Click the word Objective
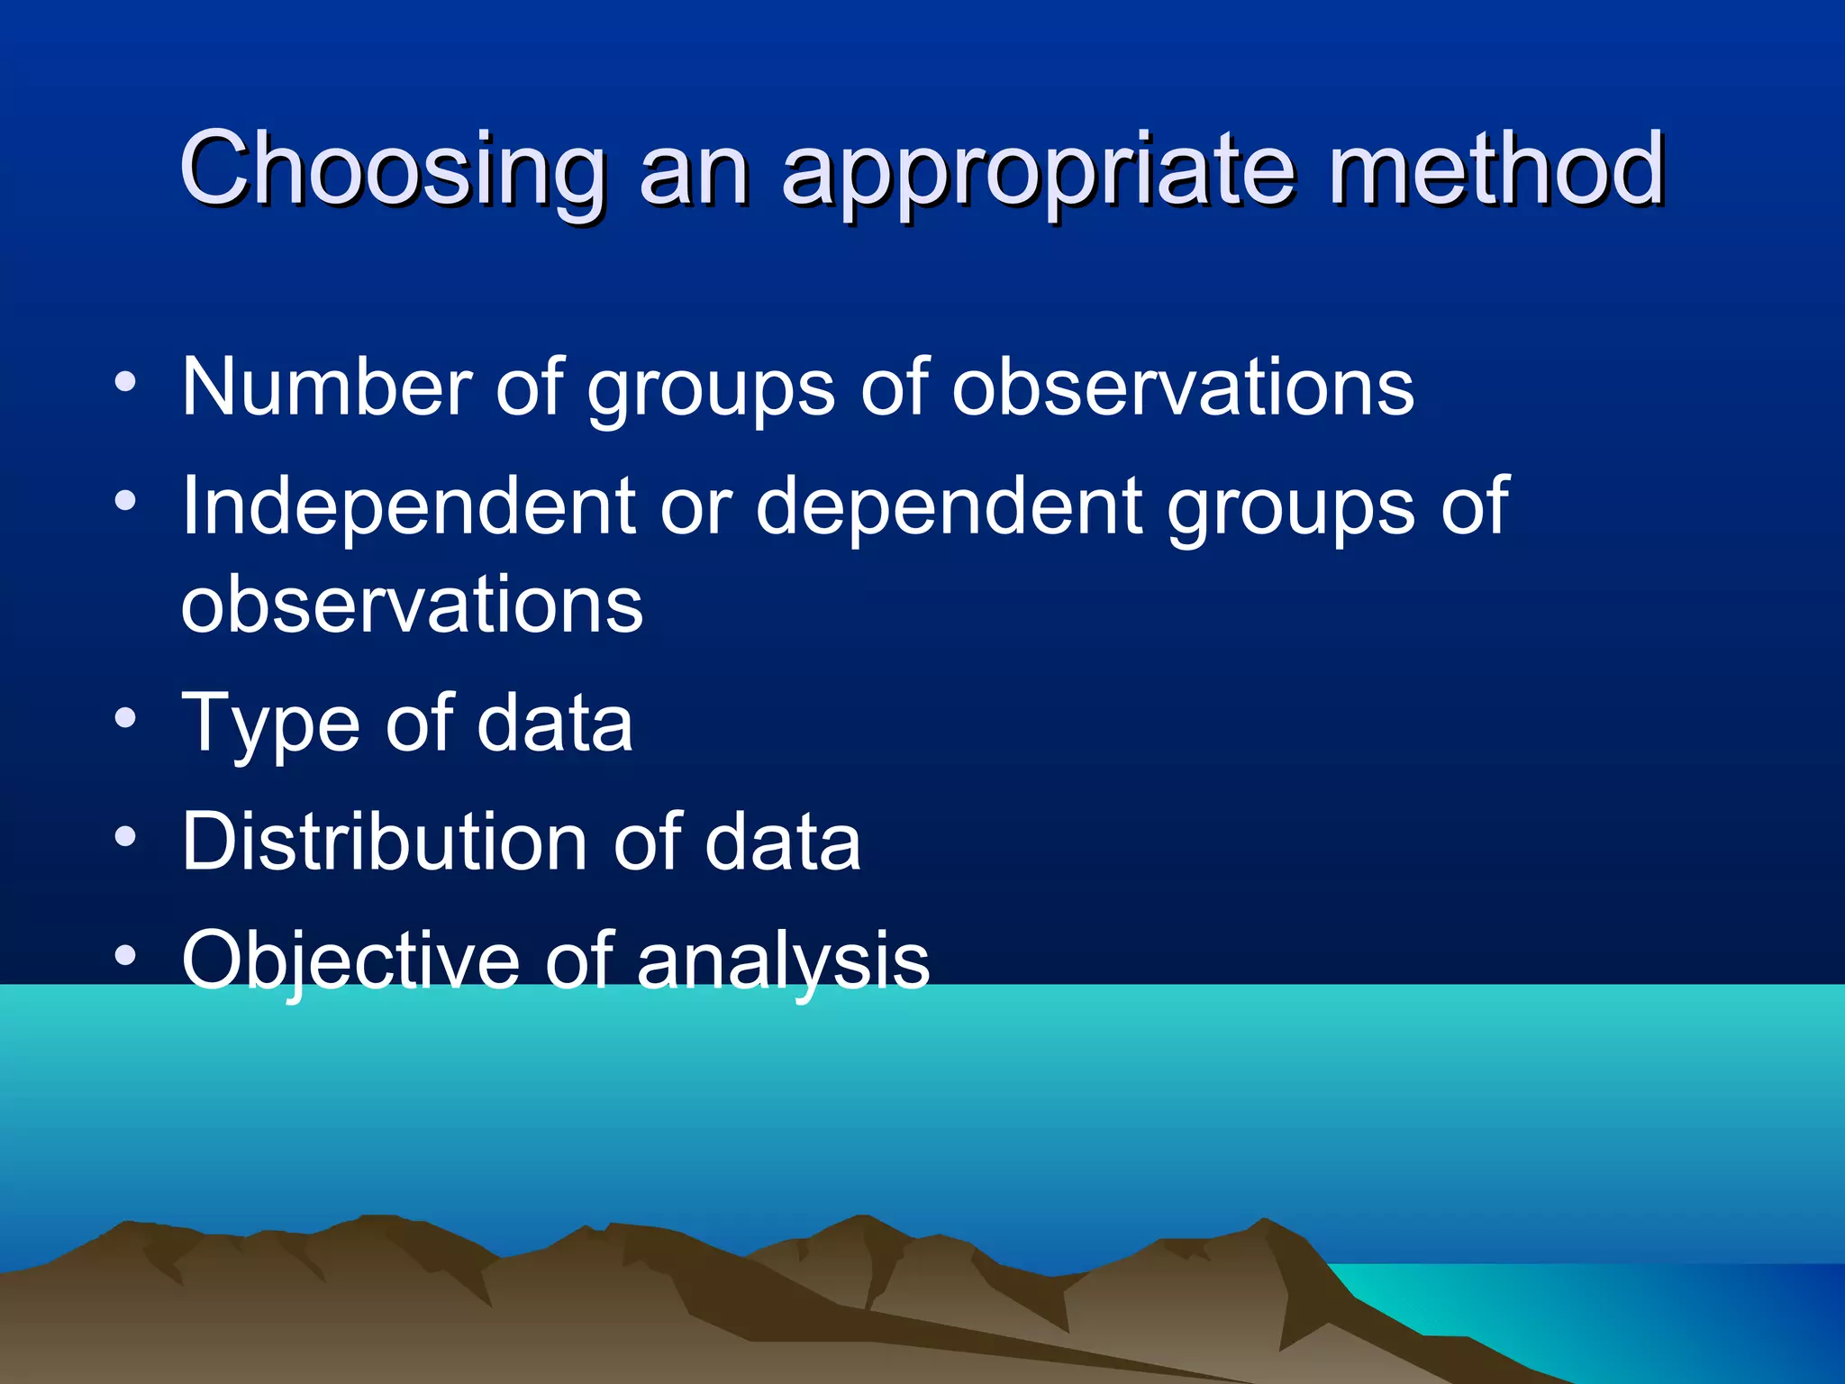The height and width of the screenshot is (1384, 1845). [350, 961]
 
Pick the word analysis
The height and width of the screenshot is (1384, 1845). [782, 961]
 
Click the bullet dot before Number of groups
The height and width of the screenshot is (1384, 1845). [126, 382]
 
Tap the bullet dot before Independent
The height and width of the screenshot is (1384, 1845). [126, 500]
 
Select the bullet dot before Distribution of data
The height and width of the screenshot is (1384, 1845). [126, 837]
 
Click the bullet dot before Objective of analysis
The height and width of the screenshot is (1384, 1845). [126, 955]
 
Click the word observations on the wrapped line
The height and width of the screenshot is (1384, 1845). [413, 604]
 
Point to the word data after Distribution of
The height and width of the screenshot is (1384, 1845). [782, 842]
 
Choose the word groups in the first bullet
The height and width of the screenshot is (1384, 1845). [711, 389]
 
